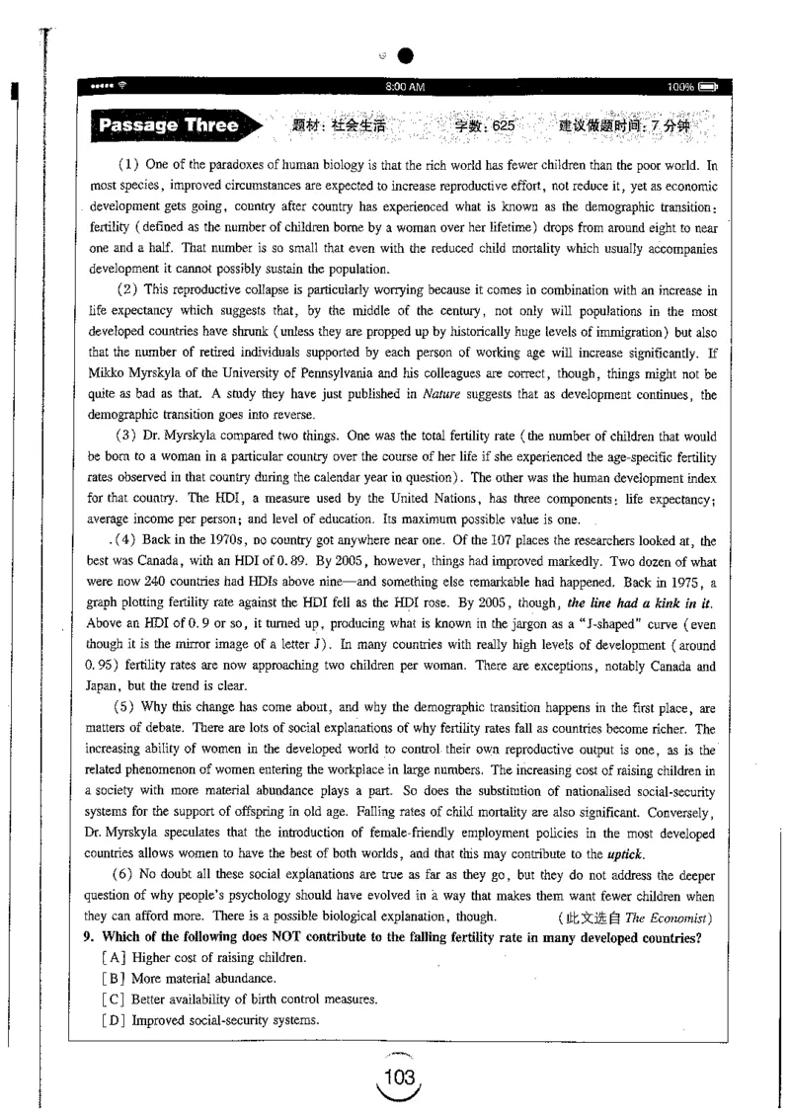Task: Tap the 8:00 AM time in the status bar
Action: (406, 88)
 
